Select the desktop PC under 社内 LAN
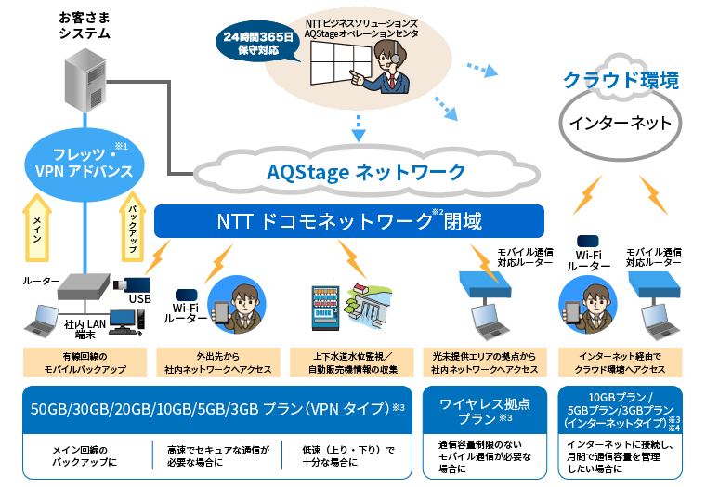(x=126, y=320)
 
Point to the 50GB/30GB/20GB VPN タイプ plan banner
(x=216, y=408)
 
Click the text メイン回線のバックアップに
(x=85, y=455)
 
